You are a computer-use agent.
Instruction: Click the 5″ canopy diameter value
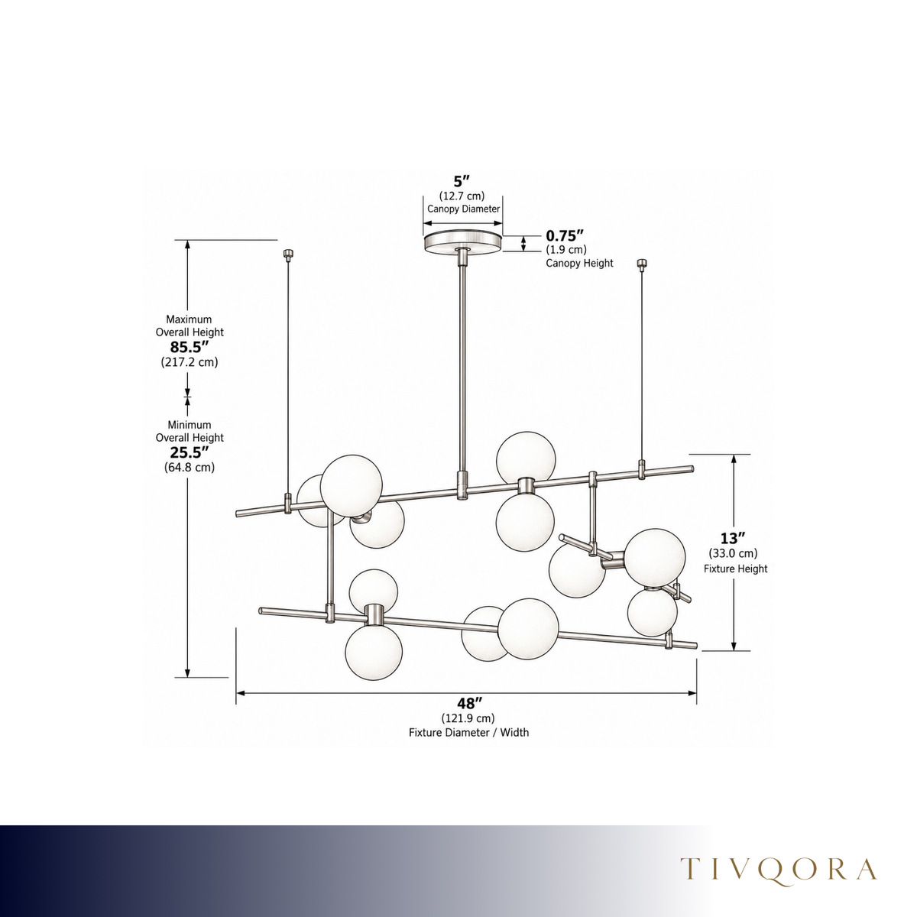tap(462, 181)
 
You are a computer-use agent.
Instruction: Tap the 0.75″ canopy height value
tap(565, 235)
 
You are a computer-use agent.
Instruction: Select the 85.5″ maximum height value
tap(190, 348)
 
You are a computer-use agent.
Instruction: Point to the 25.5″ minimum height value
tap(190, 452)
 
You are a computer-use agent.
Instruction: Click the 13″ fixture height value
tap(732, 538)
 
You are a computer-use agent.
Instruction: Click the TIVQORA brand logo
tap(779, 869)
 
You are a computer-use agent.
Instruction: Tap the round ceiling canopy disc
tap(462, 241)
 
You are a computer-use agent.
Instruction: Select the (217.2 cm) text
tap(190, 362)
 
